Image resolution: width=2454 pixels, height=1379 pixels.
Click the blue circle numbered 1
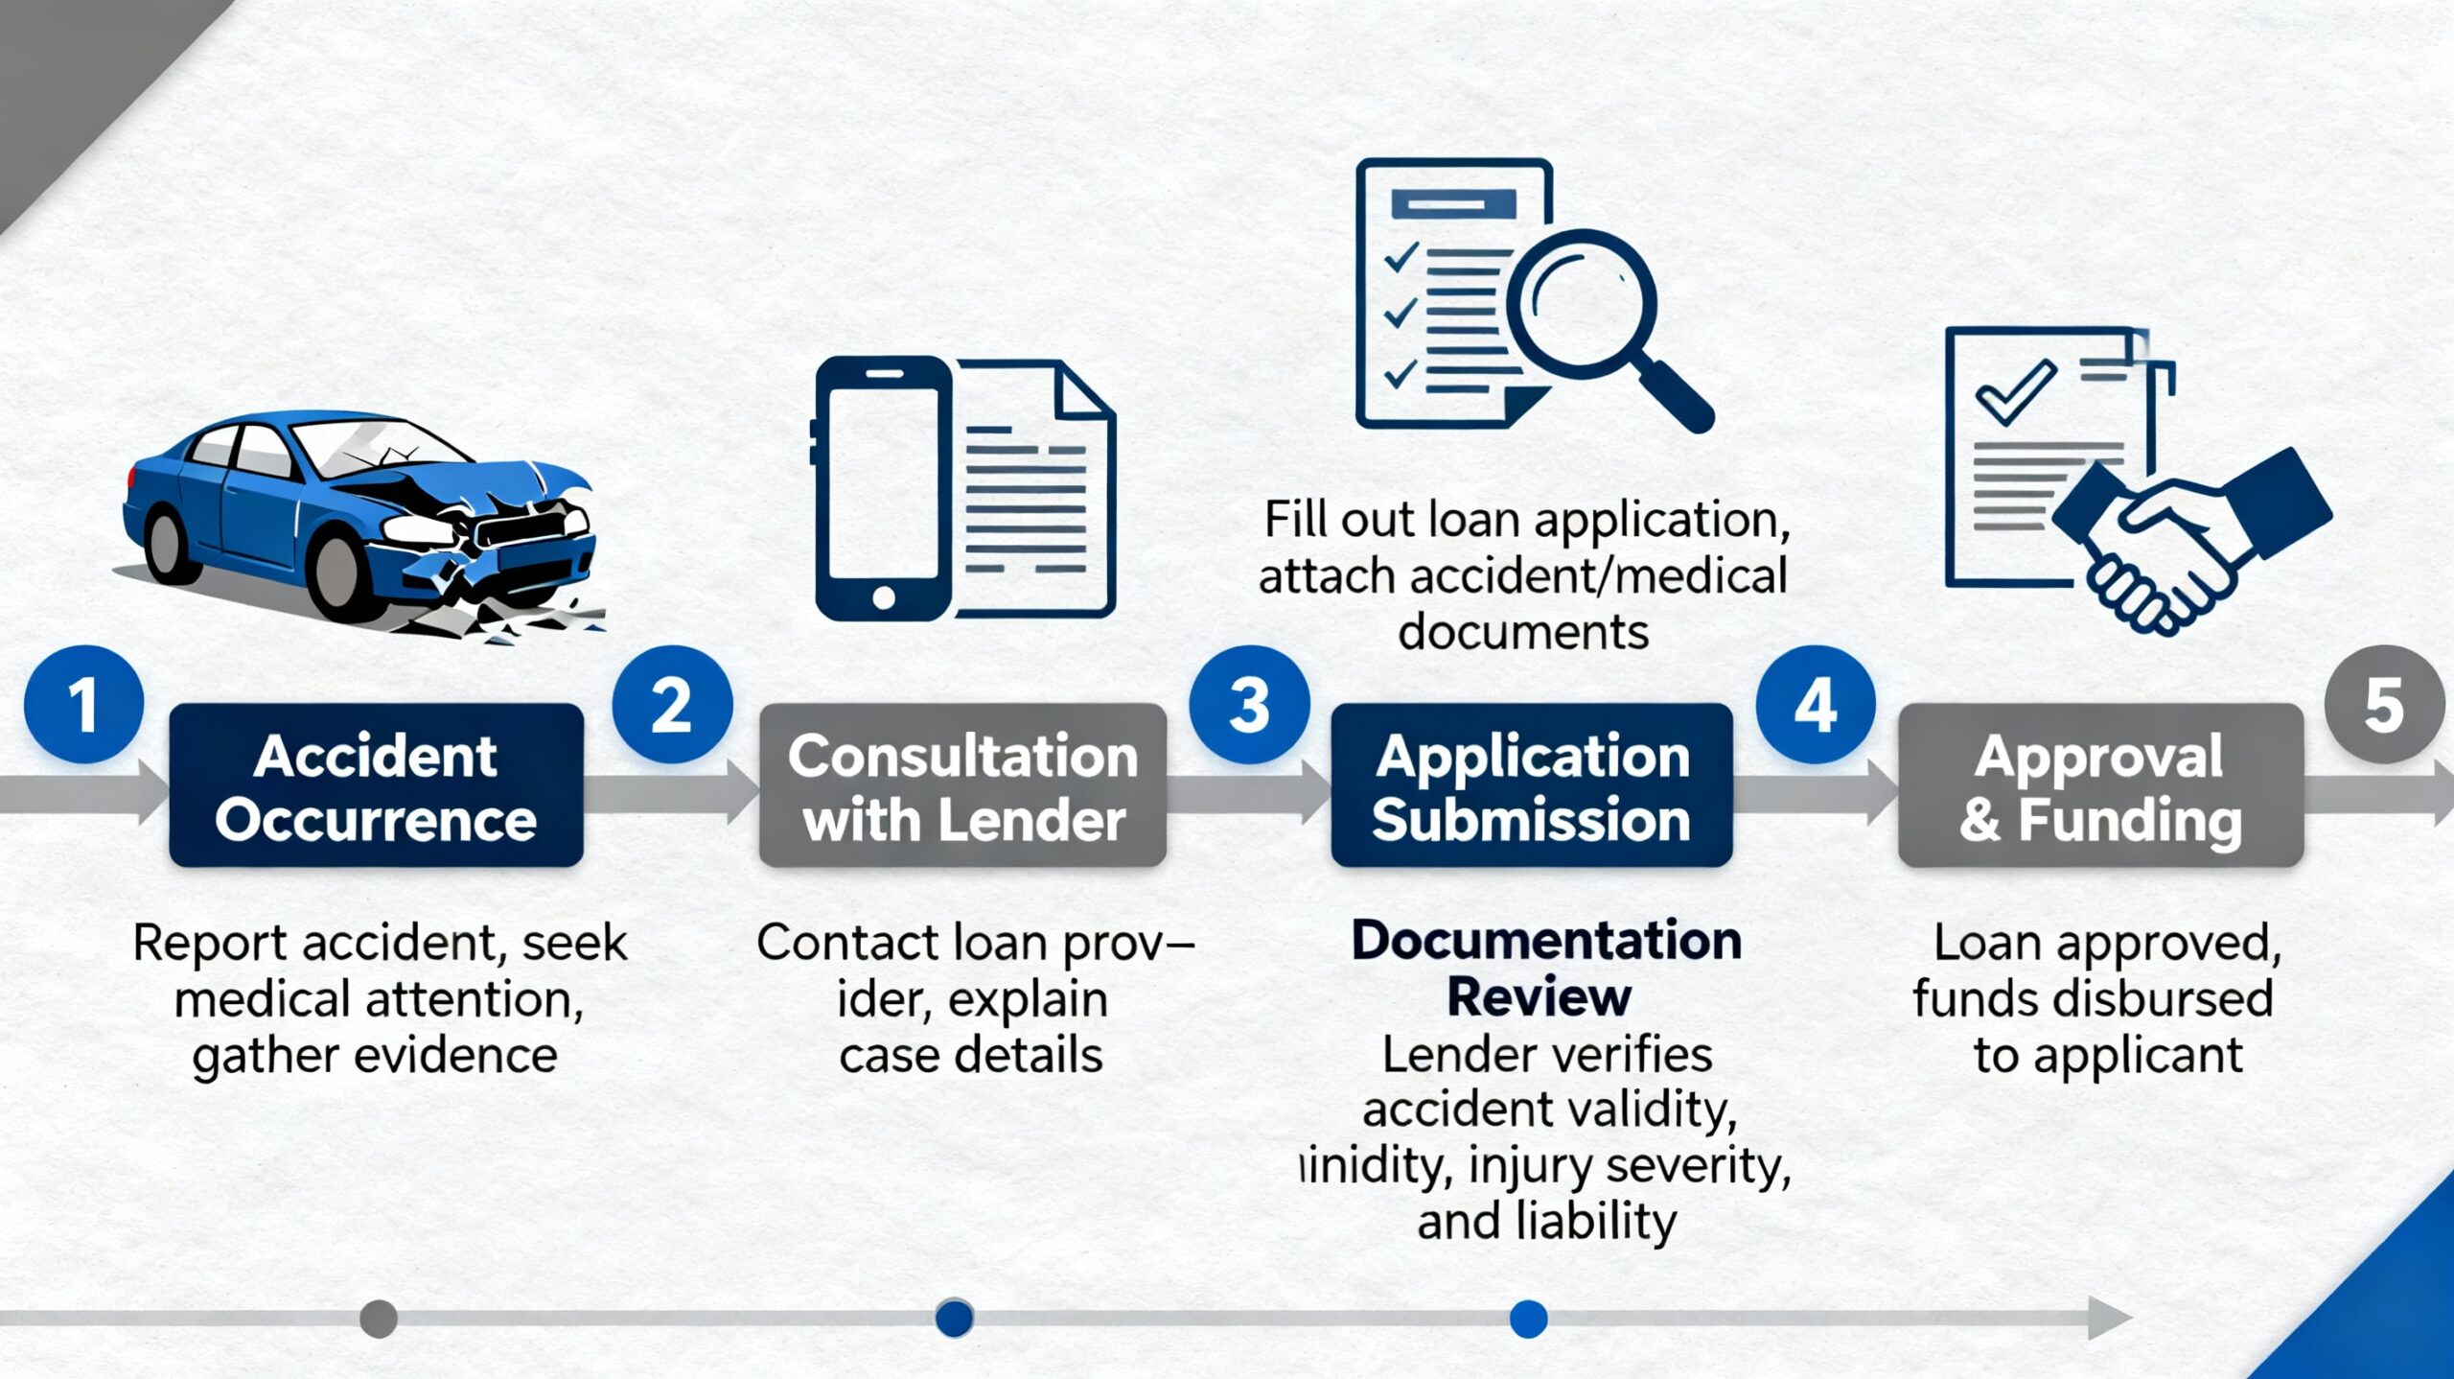pos(83,705)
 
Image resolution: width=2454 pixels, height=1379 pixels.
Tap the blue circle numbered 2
pos(672,705)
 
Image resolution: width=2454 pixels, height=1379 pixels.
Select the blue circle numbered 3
pos(1249,705)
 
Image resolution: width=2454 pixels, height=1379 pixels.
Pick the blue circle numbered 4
pos(1816,705)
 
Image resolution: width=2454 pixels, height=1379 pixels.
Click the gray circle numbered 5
pos(2384,705)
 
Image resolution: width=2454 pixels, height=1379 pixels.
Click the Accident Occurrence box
pos(376,785)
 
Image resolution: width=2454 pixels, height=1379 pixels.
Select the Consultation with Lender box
pos(962,785)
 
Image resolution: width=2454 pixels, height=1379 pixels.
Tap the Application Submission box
pos(1531,785)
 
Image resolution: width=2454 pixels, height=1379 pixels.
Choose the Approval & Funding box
pos(2100,785)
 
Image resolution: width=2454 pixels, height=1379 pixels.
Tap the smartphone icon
pos(883,489)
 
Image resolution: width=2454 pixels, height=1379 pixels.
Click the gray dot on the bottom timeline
pos(379,1319)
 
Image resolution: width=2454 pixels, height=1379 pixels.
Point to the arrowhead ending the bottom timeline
pos(2109,1318)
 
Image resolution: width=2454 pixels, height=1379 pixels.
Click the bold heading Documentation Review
pos(1544,969)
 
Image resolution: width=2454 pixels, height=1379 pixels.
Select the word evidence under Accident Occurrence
pos(455,1056)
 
